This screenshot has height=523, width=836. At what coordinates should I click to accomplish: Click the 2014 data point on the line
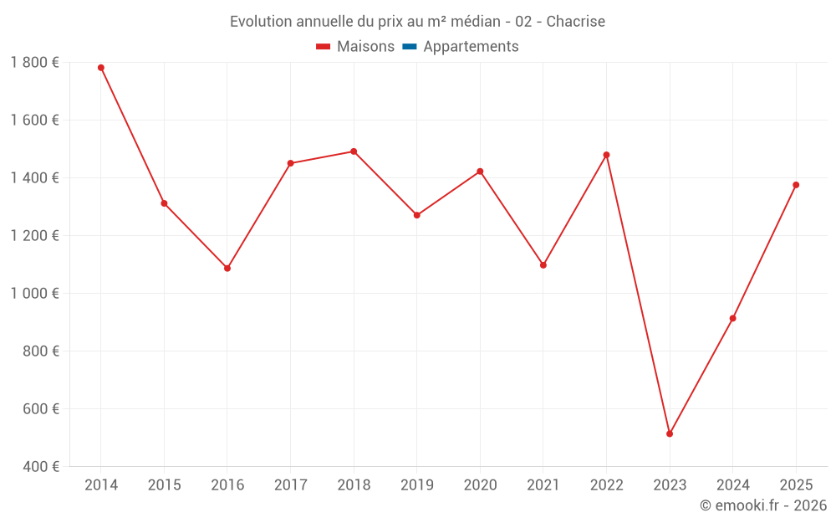[101, 68]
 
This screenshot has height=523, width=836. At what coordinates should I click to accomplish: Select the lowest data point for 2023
[670, 433]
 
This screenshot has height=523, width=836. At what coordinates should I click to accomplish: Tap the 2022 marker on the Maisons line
[606, 155]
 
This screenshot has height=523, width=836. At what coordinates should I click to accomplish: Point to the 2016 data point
[227, 269]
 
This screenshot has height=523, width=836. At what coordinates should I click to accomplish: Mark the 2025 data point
[796, 185]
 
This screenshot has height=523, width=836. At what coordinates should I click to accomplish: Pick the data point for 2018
[354, 151]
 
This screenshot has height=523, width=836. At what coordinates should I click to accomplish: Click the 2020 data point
[480, 172]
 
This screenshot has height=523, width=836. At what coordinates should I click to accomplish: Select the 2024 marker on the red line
[733, 318]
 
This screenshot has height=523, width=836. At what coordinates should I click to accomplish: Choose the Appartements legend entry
[471, 47]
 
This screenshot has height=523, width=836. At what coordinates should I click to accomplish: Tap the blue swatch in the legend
[410, 47]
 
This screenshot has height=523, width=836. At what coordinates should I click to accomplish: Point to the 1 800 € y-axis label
[34, 63]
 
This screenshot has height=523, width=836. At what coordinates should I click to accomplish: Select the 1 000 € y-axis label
[34, 294]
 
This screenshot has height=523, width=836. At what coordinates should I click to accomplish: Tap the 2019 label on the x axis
[416, 485]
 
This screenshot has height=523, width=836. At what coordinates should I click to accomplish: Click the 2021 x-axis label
[543, 485]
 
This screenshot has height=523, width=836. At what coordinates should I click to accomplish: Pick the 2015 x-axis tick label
[164, 485]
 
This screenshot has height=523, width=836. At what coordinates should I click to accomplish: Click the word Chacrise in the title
[576, 22]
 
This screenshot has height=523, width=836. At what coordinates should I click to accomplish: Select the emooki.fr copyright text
[763, 505]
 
